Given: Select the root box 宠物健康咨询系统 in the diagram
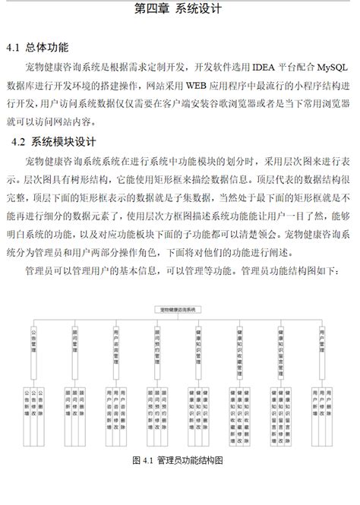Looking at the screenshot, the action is pyautogui.click(x=178, y=310).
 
